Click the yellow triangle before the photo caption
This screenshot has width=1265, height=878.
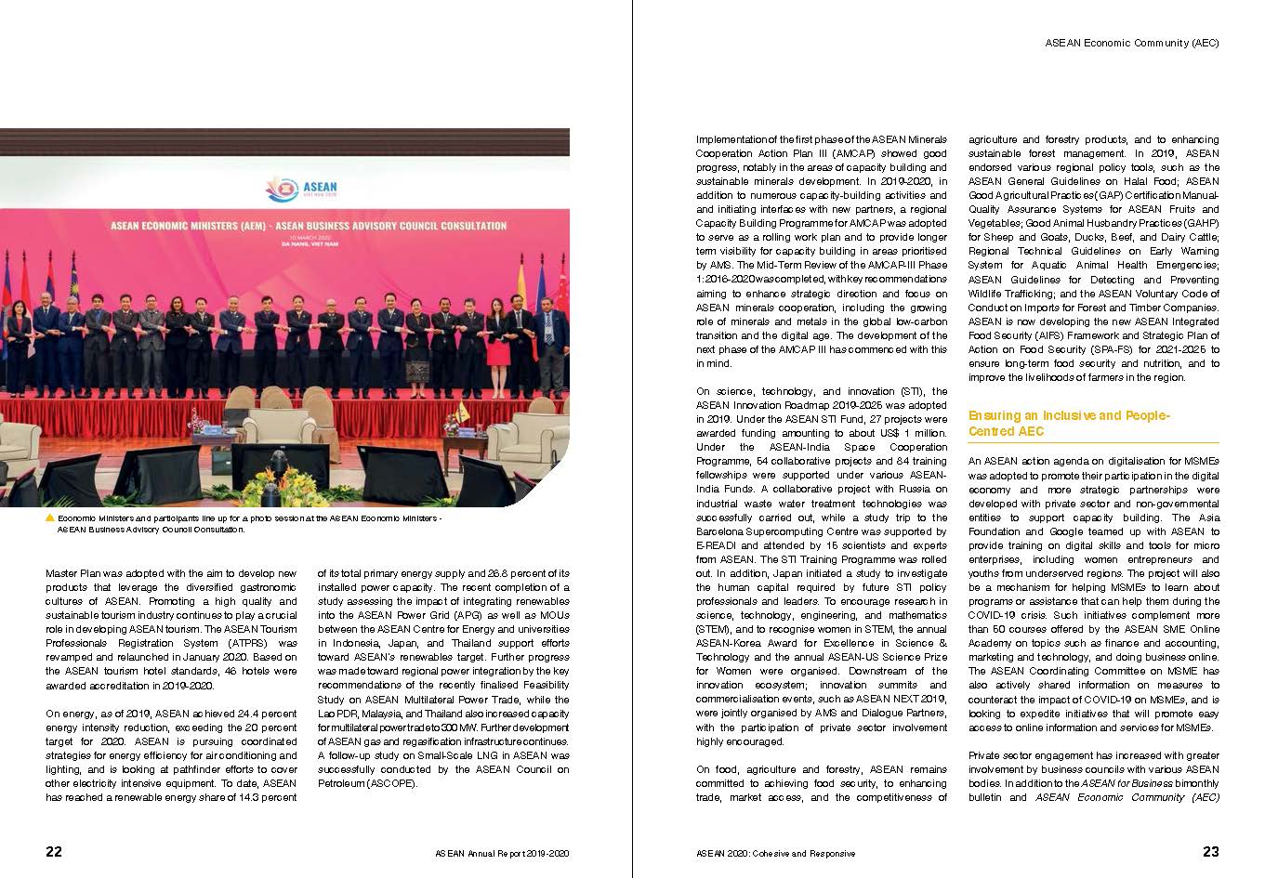tap(50, 518)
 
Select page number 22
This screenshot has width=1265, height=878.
tap(54, 851)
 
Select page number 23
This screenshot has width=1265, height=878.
tap(1210, 851)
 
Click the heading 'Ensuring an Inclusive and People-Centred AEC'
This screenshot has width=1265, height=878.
tap(1069, 424)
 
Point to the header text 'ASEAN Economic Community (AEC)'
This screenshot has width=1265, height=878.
tap(1131, 43)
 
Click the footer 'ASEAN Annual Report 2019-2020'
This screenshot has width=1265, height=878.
tap(501, 853)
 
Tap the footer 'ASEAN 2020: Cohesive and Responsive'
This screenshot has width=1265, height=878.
tap(775, 853)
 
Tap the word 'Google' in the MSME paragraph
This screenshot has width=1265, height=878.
tap(1057, 531)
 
